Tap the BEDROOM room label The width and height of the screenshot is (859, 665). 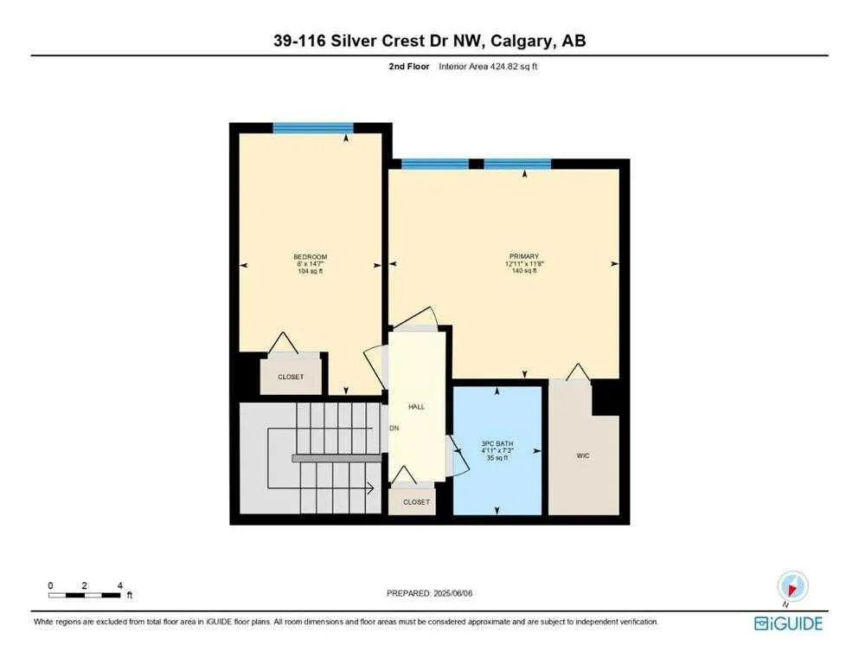tap(310, 257)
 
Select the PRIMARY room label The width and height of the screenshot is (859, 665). tap(523, 256)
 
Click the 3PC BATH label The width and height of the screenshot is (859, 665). tap(497, 449)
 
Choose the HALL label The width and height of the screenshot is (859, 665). tap(416, 406)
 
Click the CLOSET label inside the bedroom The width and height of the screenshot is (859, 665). tap(292, 378)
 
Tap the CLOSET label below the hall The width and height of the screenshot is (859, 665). tap(416, 502)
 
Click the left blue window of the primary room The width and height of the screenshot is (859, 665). tap(435, 164)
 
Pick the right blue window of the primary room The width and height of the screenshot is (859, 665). tap(517, 164)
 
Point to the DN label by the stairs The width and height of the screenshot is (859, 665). tap(394, 428)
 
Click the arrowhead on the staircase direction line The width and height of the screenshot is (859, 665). tap(370, 488)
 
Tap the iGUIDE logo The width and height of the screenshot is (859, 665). tap(788, 623)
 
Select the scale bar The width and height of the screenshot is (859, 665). tap(85, 595)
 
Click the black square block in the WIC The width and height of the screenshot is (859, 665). tap(606, 397)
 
